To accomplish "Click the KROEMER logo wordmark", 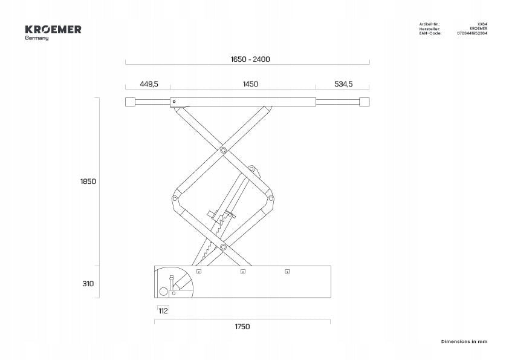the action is tap(53, 30).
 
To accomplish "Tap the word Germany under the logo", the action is tap(37, 38).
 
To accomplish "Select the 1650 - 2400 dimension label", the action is tap(250, 59).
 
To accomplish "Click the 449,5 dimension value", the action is tap(149, 84).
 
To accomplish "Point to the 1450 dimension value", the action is tap(250, 84).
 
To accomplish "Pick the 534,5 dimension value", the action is tap(343, 84).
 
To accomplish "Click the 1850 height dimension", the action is tap(88, 182).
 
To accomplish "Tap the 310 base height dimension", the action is tap(88, 284).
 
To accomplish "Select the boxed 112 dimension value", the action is tap(163, 310).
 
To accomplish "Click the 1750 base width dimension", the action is tap(242, 327).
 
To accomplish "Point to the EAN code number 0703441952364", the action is tap(472, 33).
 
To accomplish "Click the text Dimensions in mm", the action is tap(464, 341).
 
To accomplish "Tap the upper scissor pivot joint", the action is tap(223, 151).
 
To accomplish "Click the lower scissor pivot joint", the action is tap(223, 247).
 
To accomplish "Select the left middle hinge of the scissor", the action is tap(175, 199).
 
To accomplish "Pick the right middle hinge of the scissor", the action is tap(271, 198).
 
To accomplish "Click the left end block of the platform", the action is tap(131, 102).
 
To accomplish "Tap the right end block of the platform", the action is tap(365, 102).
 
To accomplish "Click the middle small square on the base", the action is tap(243, 271).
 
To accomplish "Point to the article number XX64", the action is tap(482, 24).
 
